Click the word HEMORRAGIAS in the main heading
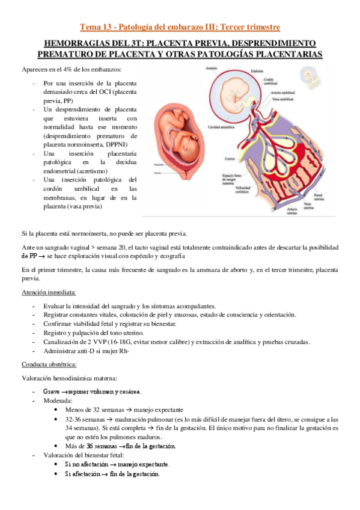point(75,43)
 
